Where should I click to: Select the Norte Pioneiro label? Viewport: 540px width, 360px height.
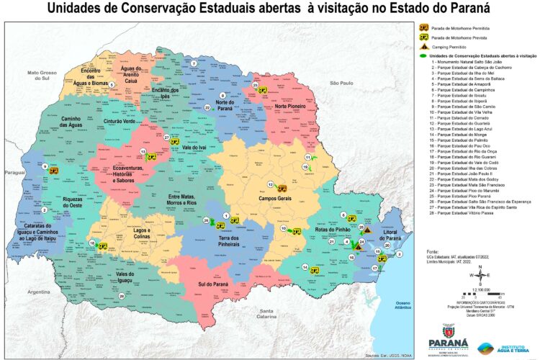point(291,106)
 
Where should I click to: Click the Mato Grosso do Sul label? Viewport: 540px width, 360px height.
point(42,76)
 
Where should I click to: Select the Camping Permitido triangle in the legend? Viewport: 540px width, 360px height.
point(425,45)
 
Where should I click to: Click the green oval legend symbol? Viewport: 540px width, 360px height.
point(422,55)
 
